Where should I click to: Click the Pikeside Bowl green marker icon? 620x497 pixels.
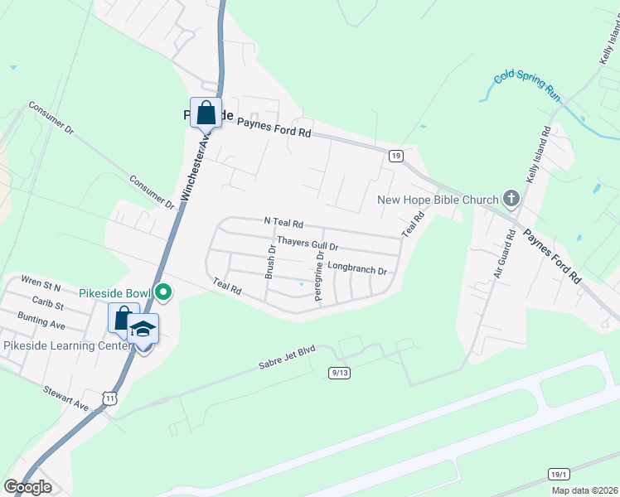point(164,292)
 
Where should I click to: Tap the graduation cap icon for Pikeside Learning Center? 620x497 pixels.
point(143,330)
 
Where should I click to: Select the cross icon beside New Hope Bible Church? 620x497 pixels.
point(511,199)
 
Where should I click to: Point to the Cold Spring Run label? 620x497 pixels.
point(527,85)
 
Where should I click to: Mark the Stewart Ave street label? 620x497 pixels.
point(67,403)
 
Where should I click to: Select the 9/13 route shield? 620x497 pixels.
point(339,373)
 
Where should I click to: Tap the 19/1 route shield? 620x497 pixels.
point(559,473)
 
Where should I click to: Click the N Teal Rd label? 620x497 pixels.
point(283,223)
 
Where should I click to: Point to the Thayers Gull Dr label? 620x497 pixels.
point(308,245)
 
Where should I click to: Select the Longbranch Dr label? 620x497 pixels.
point(357,268)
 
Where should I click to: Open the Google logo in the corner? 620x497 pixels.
point(28,486)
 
